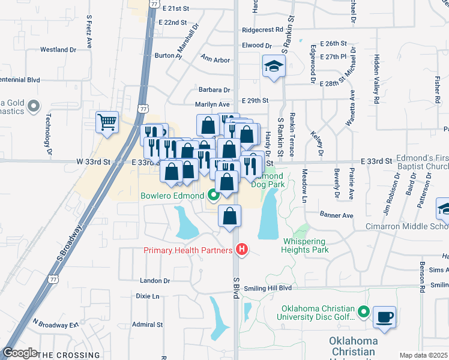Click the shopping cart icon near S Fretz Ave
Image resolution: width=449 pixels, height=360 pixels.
coord(107,122)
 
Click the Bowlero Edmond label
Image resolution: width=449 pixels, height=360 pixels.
coord(172,196)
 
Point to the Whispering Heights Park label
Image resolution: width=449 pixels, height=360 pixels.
coord(306,246)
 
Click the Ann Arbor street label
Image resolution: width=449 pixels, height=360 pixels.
coord(215,59)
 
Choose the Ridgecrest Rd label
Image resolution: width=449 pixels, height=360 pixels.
coord(262,29)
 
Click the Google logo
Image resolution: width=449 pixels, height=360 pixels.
coord(20,353)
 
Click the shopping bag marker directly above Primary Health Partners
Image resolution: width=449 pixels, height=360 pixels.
coord(230,217)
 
